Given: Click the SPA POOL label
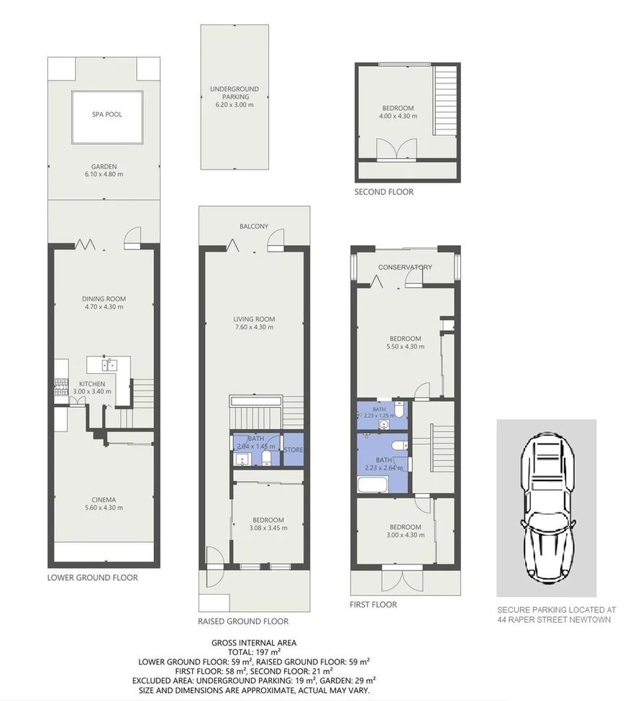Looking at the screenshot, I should click(x=105, y=114).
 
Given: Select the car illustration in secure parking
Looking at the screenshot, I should click(x=546, y=508).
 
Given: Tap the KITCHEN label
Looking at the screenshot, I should click(x=92, y=383).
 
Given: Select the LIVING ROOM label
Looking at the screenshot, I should click(x=254, y=319).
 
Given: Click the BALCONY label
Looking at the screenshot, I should click(x=254, y=226).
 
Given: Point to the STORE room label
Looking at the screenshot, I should click(x=293, y=450).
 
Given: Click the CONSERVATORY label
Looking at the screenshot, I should click(x=406, y=267).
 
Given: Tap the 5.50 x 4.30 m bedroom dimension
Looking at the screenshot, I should click(x=406, y=347).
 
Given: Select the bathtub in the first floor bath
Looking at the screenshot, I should click(x=373, y=485).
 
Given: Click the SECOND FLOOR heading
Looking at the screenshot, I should click(x=384, y=193).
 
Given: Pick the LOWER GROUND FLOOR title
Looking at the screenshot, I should click(x=93, y=577).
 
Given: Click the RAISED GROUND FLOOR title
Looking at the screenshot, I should click(x=243, y=621).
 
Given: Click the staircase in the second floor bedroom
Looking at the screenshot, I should click(x=446, y=101).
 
